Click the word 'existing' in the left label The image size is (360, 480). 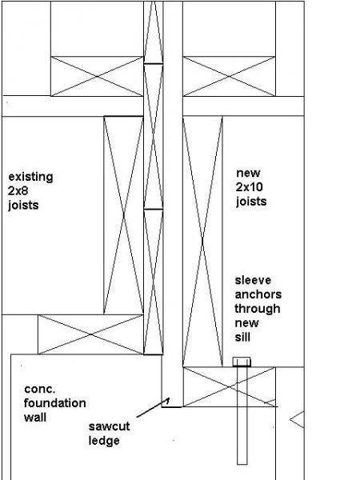coord(30,178)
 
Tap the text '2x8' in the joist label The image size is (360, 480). coord(18,191)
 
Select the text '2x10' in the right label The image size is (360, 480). coord(249,187)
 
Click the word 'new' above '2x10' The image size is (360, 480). coord(248,174)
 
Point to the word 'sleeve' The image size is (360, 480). coord(253,280)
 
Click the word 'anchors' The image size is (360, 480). coord(258,294)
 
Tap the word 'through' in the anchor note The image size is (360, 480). coord(258,309)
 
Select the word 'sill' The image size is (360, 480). coord(242,337)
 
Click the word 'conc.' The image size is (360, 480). coord(40,390)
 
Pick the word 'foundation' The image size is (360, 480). coord(54,403)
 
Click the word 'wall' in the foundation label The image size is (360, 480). coord(35,418)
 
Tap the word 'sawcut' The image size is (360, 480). coord(110,426)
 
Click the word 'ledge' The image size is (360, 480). coord(104,441)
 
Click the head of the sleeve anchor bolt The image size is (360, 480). coord(242,362)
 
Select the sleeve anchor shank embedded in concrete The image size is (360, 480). coord(242,415)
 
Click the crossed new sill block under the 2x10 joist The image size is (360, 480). coord(229,387)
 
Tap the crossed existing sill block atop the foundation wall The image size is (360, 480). coord(90,334)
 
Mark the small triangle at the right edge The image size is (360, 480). coord(297,419)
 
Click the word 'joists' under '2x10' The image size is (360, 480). coord(251,202)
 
